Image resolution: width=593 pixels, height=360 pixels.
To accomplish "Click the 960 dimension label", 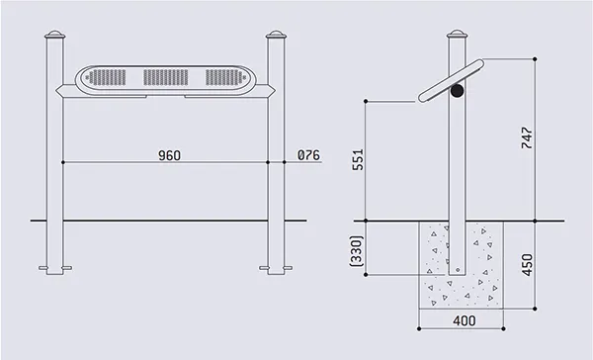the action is click(169, 155).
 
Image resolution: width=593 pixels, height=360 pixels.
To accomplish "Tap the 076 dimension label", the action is click(308, 155).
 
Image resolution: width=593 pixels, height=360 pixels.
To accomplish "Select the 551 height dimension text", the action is click(358, 159).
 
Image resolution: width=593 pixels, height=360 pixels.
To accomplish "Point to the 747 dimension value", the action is click(527, 138).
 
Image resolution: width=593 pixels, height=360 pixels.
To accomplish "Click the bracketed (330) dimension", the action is click(357, 250).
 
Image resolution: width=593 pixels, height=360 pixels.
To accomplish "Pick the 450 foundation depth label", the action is click(527, 265).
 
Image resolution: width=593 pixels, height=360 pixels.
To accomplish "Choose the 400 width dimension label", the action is click(465, 320).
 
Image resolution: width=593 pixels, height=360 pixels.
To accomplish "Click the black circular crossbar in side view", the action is click(457, 90).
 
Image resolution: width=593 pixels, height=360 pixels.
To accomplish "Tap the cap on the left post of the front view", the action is click(54, 35).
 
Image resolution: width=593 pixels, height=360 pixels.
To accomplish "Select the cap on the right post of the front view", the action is click(276, 35).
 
